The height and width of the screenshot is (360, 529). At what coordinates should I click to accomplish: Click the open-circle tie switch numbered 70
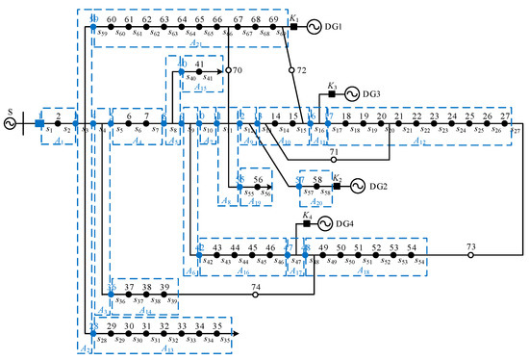pyautogui.click(x=229, y=70)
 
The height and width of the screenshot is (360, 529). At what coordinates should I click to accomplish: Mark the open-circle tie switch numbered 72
pyautogui.click(x=290, y=70)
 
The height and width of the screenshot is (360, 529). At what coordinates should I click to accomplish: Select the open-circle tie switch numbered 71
pyautogui.click(x=334, y=160)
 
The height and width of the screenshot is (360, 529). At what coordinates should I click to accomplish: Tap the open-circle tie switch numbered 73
pyautogui.click(x=471, y=255)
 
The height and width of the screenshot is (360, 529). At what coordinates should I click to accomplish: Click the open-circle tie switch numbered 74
pyautogui.click(x=256, y=296)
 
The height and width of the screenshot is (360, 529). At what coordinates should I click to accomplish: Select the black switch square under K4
pyautogui.click(x=307, y=223)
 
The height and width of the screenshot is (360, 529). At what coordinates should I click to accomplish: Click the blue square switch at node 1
pyautogui.click(x=39, y=123)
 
